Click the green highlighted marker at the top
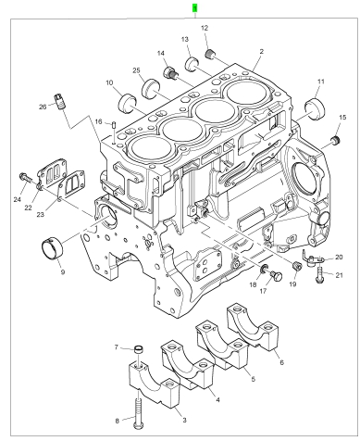pyautogui.click(x=194, y=8)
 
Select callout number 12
pyautogui.click(x=205, y=28)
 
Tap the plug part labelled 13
pyautogui.click(x=192, y=63)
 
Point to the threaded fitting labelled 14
pyautogui.click(x=171, y=73)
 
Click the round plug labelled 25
pyautogui.click(x=151, y=88)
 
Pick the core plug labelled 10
pyautogui.click(x=127, y=103)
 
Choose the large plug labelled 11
pyautogui.click(x=315, y=108)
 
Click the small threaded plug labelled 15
pyautogui.click(x=335, y=140)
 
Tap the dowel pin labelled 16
pyautogui.click(x=114, y=125)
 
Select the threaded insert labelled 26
pyautogui.click(x=60, y=101)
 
